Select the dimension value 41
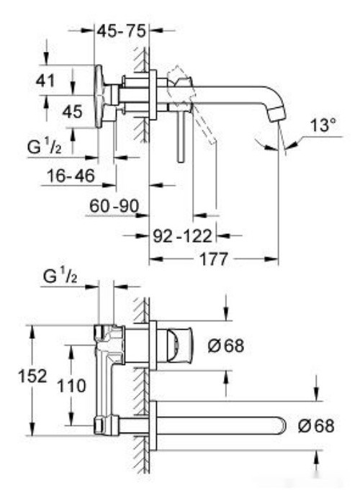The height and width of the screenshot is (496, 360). point(45,81)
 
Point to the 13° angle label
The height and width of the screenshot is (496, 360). point(323,125)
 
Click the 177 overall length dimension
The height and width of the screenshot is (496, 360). point(212,258)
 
